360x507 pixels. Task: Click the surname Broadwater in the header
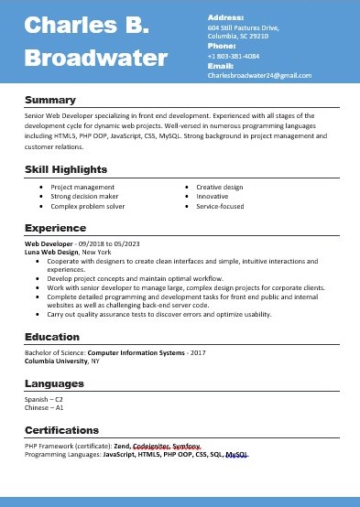tap(96, 59)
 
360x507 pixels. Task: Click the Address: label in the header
tap(226, 17)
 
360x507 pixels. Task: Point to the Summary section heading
tap(50, 99)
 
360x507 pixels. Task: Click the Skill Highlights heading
tap(66, 169)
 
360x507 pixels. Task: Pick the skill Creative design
tap(220, 187)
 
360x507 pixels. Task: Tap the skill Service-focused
tap(220, 207)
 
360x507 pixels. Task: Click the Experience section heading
tap(55, 227)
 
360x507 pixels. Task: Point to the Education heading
tap(52, 336)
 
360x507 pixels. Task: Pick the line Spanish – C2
tap(44, 399)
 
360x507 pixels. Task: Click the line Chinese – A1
tap(44, 407)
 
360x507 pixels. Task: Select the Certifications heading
tap(62, 429)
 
